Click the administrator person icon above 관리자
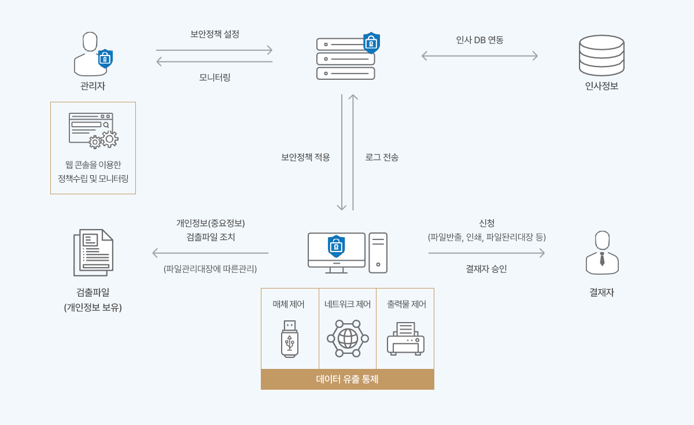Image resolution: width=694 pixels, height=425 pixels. [x=91, y=54]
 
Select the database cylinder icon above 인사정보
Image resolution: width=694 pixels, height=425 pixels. [x=601, y=56]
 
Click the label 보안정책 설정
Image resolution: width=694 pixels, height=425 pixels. [x=215, y=34]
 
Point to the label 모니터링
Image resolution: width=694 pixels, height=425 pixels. [x=215, y=77]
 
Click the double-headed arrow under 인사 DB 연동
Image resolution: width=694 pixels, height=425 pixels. [x=479, y=56]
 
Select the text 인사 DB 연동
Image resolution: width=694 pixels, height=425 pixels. [x=479, y=40]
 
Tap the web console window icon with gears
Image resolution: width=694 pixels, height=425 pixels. [x=93, y=130]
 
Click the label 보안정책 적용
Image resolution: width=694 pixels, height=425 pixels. [x=305, y=157]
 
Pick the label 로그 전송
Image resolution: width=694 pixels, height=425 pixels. [x=382, y=157]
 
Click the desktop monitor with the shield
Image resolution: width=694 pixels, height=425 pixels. [x=337, y=252]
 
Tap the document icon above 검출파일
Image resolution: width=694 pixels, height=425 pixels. [x=93, y=253]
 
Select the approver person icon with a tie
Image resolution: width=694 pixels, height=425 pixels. [x=602, y=253]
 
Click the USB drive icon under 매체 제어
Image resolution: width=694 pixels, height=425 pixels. [x=290, y=339]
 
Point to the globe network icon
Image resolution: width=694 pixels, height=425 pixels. [x=348, y=339]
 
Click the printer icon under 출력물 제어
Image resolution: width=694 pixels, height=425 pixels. [x=405, y=339]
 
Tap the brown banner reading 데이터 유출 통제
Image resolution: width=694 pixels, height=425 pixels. [x=348, y=379]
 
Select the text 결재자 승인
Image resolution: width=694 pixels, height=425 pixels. [x=486, y=269]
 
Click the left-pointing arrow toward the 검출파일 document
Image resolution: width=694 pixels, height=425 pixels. [x=211, y=253]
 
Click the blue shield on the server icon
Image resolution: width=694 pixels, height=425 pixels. [x=371, y=43]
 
